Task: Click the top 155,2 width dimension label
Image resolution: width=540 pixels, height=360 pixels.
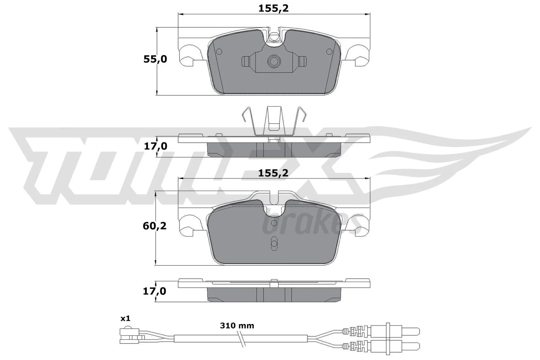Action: (x=273, y=8)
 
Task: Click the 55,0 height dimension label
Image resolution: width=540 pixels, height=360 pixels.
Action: (x=155, y=59)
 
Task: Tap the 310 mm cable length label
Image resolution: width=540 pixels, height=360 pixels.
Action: (x=237, y=326)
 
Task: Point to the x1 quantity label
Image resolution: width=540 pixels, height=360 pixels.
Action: (x=125, y=318)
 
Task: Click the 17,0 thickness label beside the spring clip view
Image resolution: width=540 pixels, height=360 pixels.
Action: (x=155, y=146)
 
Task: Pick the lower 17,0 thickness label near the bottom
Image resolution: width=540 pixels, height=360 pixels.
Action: (x=155, y=291)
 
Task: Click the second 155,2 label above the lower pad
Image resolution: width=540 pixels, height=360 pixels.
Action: (x=273, y=173)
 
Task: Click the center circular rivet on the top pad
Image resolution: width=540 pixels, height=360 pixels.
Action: (x=274, y=61)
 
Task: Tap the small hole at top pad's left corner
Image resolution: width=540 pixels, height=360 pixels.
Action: (x=219, y=52)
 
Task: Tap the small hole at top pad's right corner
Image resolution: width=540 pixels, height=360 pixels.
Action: (x=329, y=52)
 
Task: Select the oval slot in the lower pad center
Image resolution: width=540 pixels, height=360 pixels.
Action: (x=274, y=244)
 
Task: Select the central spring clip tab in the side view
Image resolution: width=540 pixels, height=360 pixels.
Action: (x=274, y=120)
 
